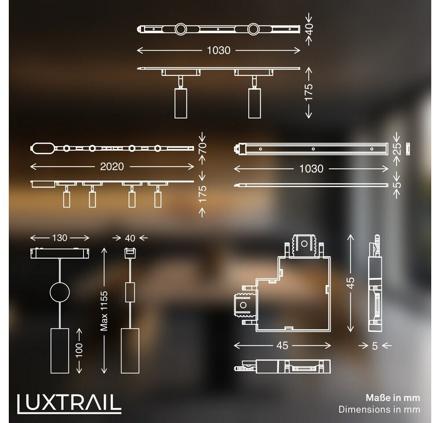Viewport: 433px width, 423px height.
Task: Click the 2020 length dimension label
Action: (111, 167)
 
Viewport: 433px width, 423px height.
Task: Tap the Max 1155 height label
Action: (104, 310)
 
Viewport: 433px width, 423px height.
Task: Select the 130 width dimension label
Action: (59, 238)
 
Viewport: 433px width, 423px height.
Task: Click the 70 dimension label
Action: (202, 148)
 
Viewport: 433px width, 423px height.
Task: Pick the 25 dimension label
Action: (396, 149)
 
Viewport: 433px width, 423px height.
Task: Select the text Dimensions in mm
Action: (379, 409)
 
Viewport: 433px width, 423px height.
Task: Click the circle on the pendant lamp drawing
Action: (59, 292)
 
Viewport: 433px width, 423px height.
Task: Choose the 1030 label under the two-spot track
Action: (219, 51)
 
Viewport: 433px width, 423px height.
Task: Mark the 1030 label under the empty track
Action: (311, 169)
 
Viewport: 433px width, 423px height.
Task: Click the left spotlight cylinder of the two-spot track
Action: (180, 103)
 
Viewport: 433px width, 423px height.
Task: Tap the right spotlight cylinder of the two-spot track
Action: (254, 103)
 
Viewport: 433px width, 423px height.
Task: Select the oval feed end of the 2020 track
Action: (42, 148)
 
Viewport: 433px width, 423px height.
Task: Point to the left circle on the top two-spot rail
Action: (180, 30)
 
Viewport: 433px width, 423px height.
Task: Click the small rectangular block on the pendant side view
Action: (129, 292)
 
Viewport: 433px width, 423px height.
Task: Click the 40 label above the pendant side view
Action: (130, 238)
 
